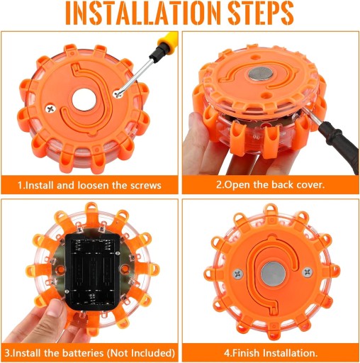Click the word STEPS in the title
[261, 13]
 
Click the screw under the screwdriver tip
[118, 93]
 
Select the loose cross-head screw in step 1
[50, 108]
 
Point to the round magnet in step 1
[84, 100]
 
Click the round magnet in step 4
[273, 274]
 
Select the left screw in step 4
[238, 274]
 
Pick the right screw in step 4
[308, 272]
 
